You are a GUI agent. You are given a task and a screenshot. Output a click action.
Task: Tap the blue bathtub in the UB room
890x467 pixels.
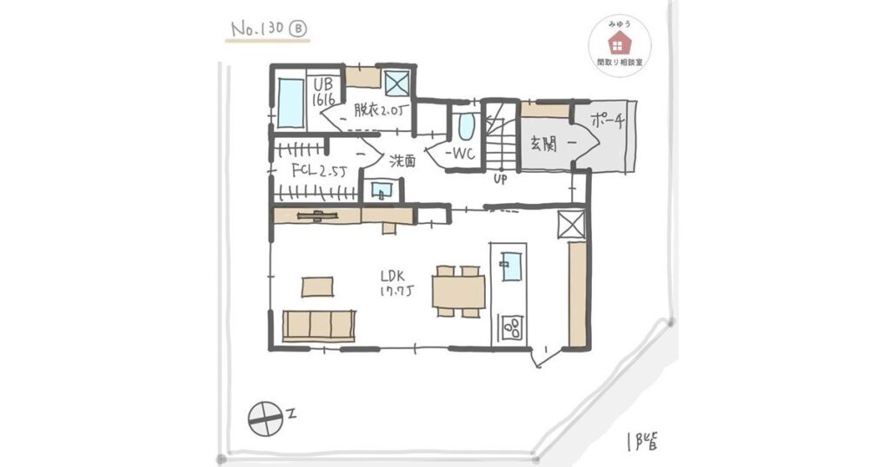coord(291,103)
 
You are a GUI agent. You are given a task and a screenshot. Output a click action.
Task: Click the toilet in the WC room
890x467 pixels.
coord(466,127)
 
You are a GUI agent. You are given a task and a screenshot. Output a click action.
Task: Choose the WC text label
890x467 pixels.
coord(460,154)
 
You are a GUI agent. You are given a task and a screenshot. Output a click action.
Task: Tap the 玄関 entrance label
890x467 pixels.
coord(543,144)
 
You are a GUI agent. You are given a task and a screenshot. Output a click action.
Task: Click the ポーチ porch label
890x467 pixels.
coord(607,121)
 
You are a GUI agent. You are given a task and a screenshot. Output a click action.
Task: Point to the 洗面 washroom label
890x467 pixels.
coord(402,161)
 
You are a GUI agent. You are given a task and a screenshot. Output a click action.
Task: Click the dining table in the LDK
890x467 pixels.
coord(459,292)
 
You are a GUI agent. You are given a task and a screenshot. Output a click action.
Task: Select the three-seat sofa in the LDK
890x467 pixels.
coord(319,326)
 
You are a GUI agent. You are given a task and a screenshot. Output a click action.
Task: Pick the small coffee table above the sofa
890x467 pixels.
coord(317,286)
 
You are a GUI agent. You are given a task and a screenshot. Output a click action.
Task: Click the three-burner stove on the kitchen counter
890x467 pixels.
coord(511,327)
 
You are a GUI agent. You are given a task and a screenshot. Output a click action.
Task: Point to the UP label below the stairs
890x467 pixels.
coord(500,180)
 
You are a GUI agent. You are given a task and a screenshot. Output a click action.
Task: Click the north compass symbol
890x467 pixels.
coord(266,419)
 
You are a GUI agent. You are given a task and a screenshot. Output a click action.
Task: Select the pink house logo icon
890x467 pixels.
coord(618,44)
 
